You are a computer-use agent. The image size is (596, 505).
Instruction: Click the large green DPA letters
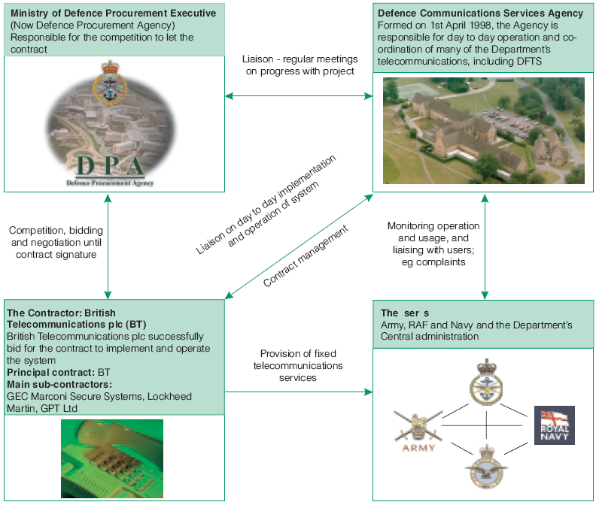(110, 165)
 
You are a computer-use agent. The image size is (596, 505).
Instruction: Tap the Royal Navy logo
(554, 425)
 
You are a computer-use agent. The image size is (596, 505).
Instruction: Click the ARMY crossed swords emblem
(418, 431)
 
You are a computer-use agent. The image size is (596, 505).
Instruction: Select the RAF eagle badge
(487, 467)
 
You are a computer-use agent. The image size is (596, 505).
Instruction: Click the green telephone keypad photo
(112, 458)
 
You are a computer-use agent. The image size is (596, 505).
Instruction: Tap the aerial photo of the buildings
(483, 131)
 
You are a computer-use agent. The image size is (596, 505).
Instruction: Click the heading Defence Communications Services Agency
(480, 13)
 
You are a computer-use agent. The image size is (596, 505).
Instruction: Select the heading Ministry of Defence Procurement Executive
(114, 13)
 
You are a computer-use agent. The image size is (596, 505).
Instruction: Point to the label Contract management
(306, 256)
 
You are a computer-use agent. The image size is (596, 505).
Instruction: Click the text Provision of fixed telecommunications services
(298, 365)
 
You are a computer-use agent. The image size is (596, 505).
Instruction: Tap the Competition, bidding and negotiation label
(56, 242)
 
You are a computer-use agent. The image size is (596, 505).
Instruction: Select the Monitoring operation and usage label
(433, 243)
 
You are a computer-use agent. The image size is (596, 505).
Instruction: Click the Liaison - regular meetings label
(300, 65)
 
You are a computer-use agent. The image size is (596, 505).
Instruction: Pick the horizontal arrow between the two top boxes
(299, 95)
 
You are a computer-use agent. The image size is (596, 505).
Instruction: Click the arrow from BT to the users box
(299, 392)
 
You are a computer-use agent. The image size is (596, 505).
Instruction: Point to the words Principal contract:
(50, 372)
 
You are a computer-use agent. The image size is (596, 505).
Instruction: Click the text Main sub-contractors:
(59, 384)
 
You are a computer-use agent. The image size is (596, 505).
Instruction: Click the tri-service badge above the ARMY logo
(486, 382)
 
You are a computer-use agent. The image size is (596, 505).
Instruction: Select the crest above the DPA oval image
(110, 83)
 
